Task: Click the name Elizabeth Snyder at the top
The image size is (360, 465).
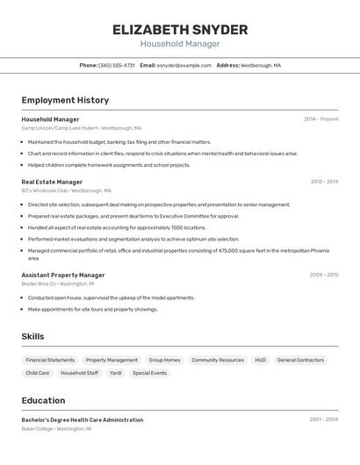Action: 180,29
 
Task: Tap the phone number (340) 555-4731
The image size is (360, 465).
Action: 117,65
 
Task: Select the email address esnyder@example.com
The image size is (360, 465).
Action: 184,65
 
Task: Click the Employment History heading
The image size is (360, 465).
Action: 65,100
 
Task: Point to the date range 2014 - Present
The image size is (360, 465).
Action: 320,118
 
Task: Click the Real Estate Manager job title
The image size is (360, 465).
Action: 52,182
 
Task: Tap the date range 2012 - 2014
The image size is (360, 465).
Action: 324,182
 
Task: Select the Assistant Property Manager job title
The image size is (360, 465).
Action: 63,275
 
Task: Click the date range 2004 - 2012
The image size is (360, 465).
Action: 323,275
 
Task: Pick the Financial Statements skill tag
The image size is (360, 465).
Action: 50,360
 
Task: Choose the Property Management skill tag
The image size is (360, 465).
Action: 112,360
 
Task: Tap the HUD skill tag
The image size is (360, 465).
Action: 260,360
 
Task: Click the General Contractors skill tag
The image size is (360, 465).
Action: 300,360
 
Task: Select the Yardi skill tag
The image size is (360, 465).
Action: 115,373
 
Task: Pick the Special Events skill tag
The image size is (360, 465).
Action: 149,373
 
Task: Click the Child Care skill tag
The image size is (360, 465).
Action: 38,373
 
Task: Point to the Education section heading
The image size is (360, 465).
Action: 43,399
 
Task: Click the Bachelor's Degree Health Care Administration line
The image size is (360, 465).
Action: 83,419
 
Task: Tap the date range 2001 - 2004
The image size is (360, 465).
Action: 323,419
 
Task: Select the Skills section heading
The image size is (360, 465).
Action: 32,336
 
